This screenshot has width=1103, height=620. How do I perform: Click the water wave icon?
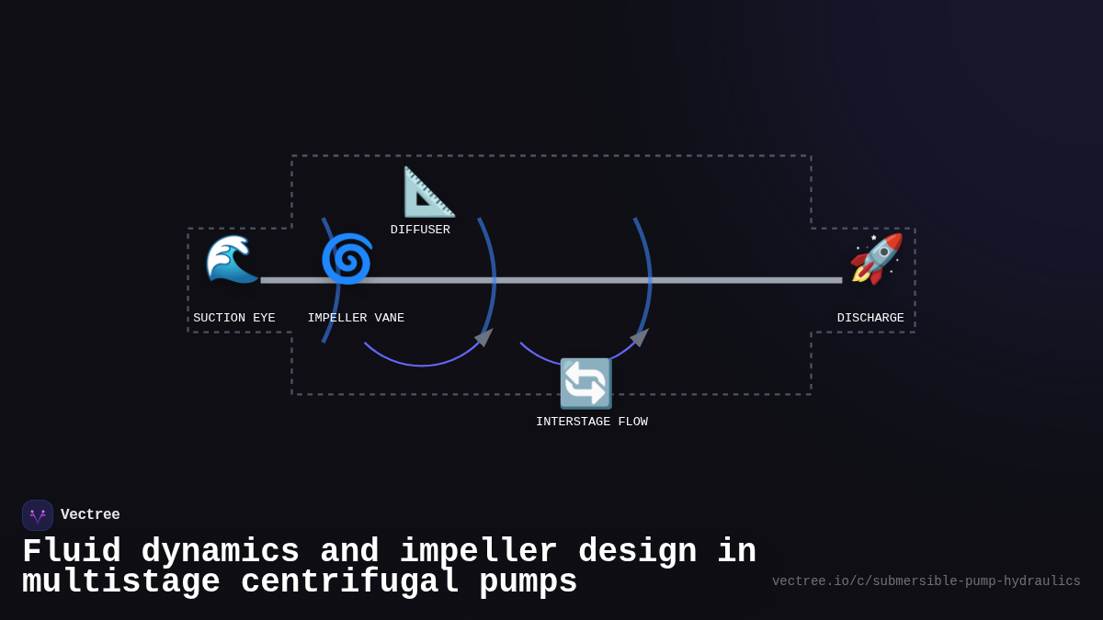coord(232,258)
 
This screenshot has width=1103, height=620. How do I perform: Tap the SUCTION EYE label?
coord(234,318)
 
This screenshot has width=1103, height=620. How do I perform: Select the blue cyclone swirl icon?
coord(347,259)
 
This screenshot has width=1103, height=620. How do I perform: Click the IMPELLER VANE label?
coord(356,318)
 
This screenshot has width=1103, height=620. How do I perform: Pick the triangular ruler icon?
coord(428,192)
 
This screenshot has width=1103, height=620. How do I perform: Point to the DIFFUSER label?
coord(420,230)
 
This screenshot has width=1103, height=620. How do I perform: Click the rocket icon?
coord(877,258)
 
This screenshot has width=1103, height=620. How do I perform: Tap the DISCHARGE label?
coord(870,318)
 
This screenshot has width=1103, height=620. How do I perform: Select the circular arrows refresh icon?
coord(586,383)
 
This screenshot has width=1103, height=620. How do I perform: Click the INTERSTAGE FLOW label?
coord(592,422)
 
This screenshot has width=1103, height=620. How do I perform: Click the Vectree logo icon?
coord(38,515)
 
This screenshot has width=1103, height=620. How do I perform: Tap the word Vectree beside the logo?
coord(90,515)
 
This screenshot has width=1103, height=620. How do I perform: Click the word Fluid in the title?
coord(72,552)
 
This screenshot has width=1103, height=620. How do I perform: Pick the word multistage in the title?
coord(121,582)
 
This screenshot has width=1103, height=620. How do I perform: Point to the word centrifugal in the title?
coord(349,582)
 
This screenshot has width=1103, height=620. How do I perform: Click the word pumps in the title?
coord(528,582)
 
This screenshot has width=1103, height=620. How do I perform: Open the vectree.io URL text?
coord(926,581)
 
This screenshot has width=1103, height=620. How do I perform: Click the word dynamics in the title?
coord(221,552)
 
